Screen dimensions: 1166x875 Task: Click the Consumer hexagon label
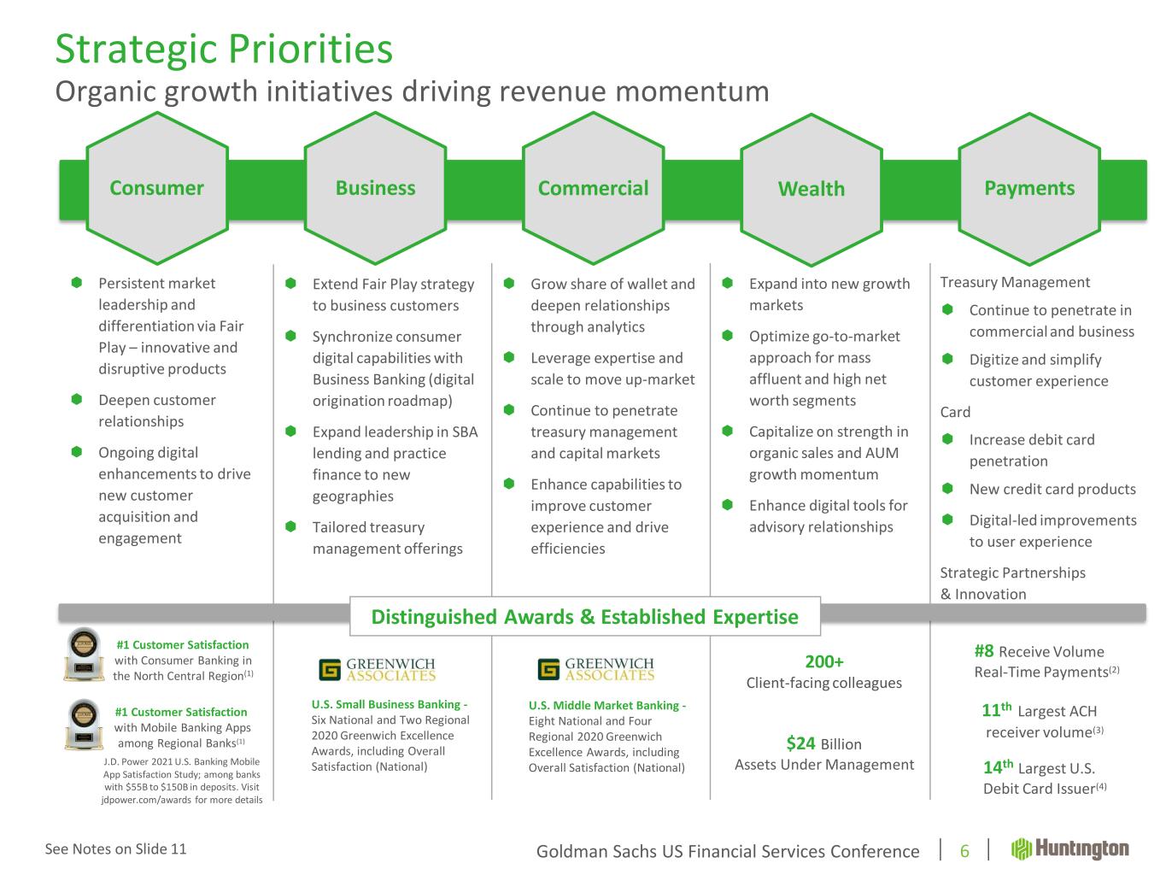click(156, 188)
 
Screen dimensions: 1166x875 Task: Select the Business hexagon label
click(376, 188)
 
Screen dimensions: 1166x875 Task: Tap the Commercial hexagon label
click(594, 188)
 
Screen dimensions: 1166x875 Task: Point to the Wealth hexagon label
click(812, 189)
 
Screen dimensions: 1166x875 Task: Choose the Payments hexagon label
click(1029, 189)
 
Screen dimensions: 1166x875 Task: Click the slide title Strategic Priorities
click(224, 50)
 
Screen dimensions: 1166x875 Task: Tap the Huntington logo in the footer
click(1069, 849)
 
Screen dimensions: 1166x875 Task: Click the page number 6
click(964, 851)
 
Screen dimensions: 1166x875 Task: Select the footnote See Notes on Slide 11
click(116, 849)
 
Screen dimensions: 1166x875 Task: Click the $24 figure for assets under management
click(800, 743)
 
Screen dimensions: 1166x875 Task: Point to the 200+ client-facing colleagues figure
click(824, 661)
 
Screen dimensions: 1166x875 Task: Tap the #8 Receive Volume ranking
click(984, 651)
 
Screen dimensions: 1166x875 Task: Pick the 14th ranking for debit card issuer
click(998, 766)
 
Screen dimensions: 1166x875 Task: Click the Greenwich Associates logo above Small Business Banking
click(378, 669)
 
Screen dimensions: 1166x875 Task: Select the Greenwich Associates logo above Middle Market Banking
click(596, 669)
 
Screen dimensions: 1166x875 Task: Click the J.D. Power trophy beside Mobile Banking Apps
click(84, 724)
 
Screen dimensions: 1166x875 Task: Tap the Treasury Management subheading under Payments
click(1015, 282)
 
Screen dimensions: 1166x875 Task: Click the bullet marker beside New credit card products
click(947, 488)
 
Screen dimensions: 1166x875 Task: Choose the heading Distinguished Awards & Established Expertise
click(585, 617)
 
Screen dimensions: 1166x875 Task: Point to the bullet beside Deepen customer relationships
click(77, 399)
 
